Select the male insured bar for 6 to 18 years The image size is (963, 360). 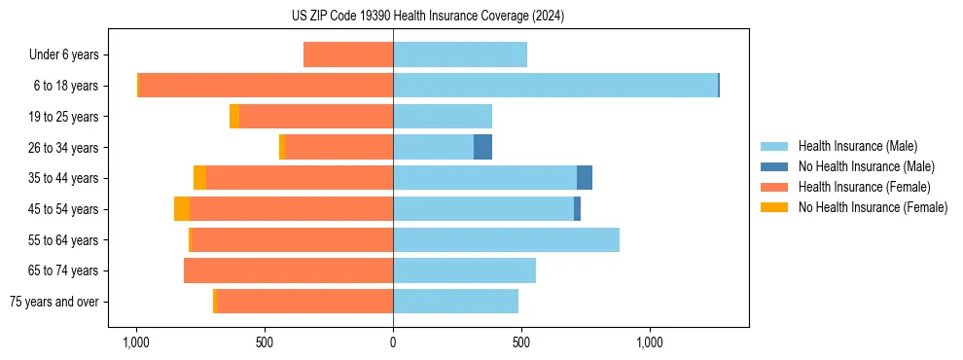555,86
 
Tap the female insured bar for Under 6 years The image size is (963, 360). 348,54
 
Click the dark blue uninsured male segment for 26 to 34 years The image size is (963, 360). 482,147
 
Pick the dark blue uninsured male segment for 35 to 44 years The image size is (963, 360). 585,178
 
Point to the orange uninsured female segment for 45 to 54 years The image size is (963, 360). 182,209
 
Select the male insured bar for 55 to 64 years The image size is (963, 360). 506,239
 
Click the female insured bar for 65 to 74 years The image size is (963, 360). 288,270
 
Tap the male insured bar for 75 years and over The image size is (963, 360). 455,302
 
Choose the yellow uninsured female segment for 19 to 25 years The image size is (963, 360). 234,117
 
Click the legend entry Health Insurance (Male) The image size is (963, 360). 857,146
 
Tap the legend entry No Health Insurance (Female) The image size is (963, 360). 872,207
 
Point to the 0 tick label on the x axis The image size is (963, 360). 393,342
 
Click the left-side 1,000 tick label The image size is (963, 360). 136,342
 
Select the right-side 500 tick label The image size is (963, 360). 521,342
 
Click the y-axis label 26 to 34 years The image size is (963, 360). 64,148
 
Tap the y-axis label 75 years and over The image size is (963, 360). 54,302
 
